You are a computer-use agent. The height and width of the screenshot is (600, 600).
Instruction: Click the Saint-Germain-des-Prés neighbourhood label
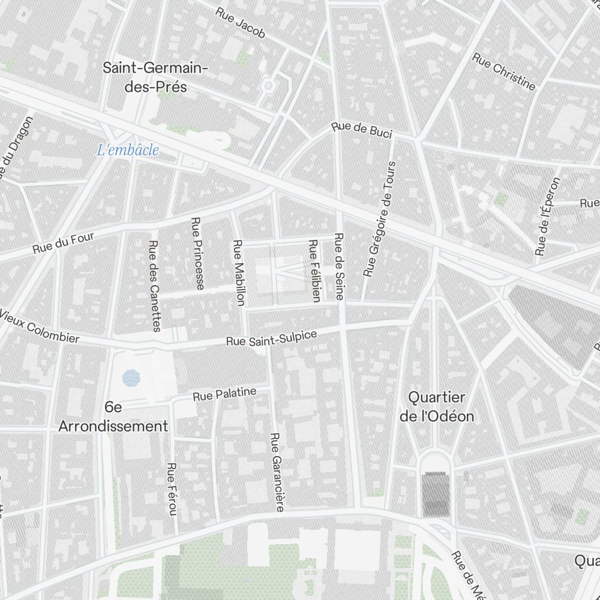point(155,77)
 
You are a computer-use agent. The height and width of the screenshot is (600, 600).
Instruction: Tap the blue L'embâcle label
point(128,150)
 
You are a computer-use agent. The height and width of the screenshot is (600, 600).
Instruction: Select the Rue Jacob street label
point(240,23)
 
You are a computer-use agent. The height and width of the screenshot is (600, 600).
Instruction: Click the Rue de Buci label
point(362,130)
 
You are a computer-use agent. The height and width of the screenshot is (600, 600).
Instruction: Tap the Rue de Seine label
point(339,266)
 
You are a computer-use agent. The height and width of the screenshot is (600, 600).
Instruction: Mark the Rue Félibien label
point(313,270)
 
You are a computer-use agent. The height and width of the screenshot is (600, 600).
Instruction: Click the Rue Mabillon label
point(238,272)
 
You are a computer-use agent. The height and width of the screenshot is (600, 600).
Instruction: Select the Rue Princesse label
point(196,253)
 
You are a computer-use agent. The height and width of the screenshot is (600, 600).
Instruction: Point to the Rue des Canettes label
point(154,286)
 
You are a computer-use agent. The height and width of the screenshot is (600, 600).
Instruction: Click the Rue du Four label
point(64,243)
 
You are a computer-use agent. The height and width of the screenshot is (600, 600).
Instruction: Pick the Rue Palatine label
point(224,394)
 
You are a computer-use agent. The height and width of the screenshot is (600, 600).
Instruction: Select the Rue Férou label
point(172,489)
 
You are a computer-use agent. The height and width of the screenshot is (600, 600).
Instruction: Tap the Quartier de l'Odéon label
point(437,406)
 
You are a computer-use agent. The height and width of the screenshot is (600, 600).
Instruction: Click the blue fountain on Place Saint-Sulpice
point(131,378)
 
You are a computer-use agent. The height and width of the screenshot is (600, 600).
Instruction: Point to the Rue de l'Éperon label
point(547,217)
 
